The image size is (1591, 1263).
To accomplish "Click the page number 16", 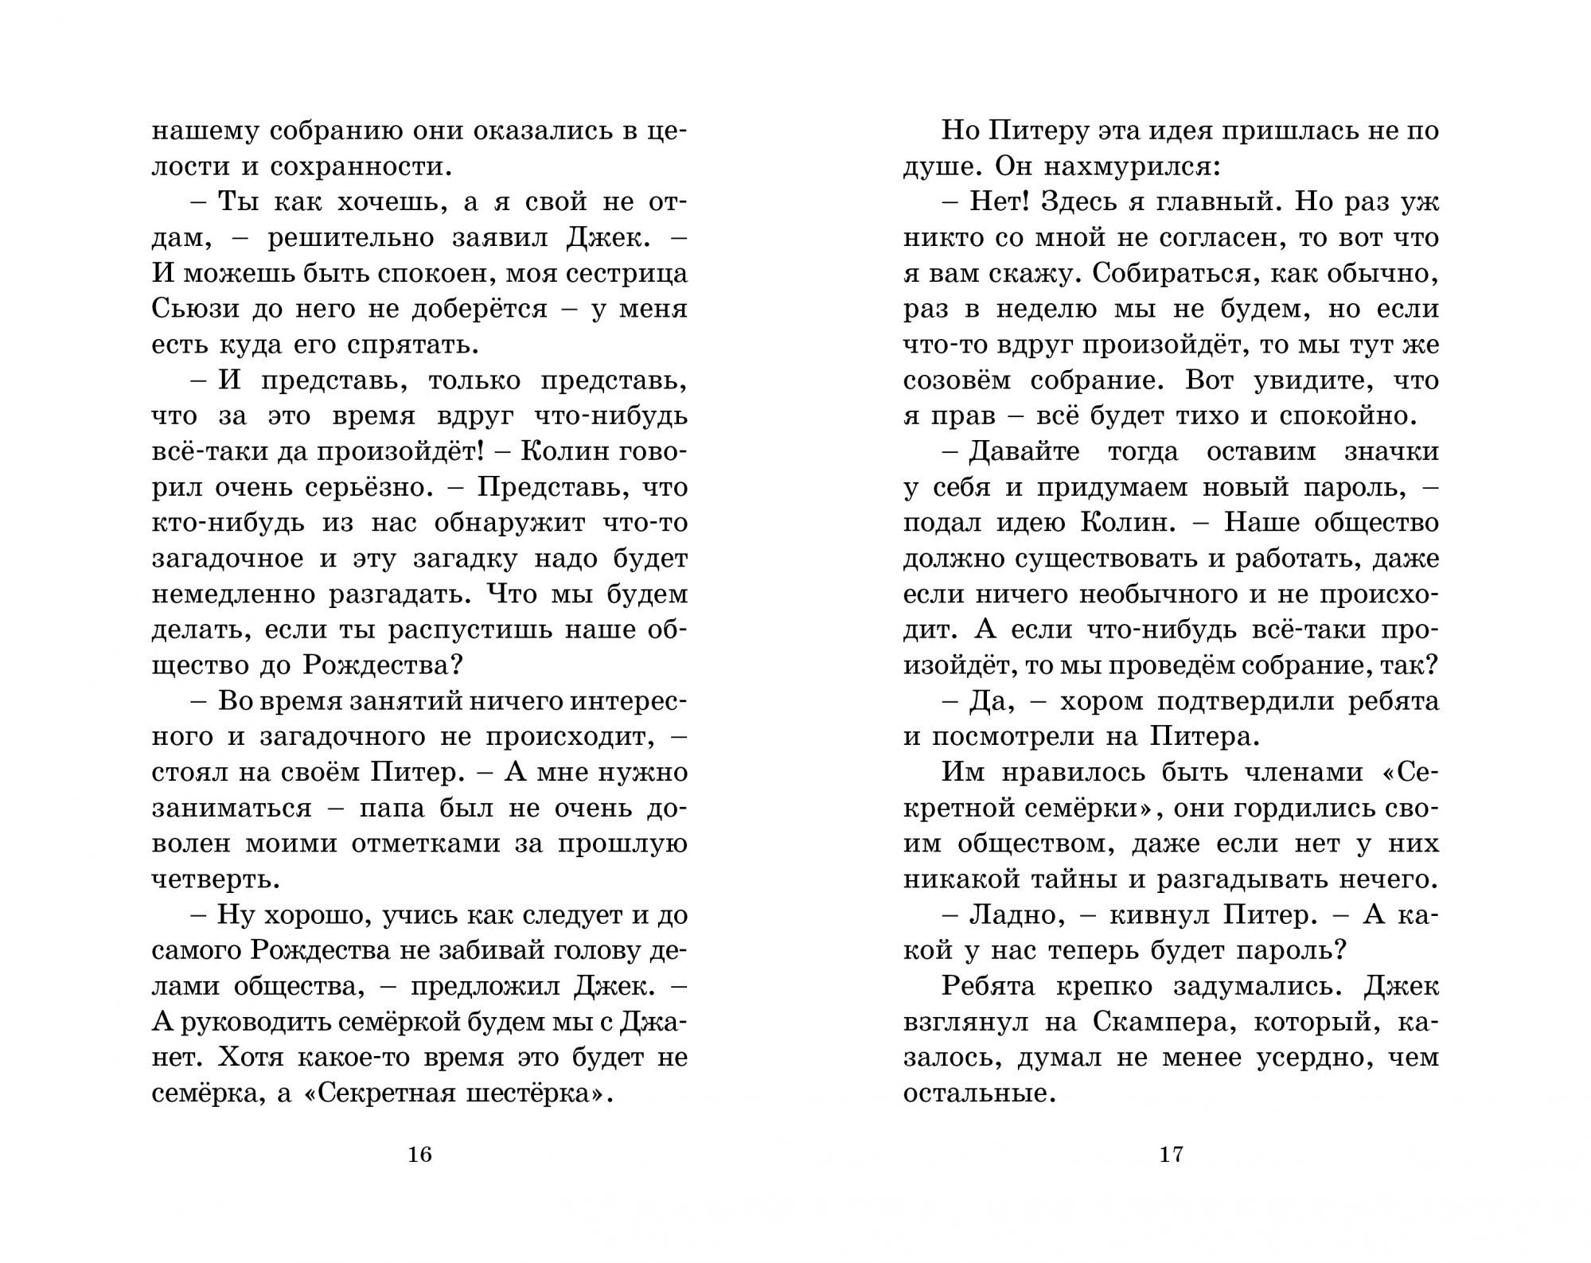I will pos(419,1154).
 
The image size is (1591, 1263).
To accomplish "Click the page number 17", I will pos(1172,1154).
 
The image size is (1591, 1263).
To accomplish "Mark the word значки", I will pos(1391,450).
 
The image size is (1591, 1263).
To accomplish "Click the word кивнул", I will pos(1152,914).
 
